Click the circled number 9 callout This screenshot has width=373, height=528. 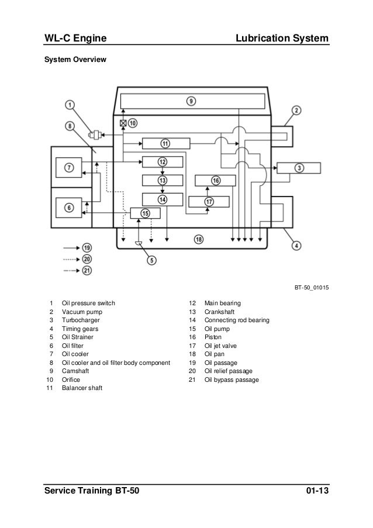pyautogui.click(x=191, y=101)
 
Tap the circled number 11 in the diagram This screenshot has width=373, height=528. pyautogui.click(x=165, y=143)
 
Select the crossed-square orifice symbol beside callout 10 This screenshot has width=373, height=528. pyautogui.click(x=123, y=123)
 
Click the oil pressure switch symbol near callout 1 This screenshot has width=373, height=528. pyautogui.click(x=94, y=135)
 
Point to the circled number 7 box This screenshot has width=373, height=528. pyautogui.click(x=70, y=168)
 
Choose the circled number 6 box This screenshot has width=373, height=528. pyautogui.click(x=70, y=206)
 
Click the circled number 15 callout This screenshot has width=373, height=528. pyautogui.click(x=146, y=213)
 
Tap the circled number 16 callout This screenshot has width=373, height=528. pyautogui.click(x=216, y=181)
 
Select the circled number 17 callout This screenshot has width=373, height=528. pyautogui.click(x=209, y=202)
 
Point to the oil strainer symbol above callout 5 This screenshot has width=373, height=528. pyautogui.click(x=139, y=243)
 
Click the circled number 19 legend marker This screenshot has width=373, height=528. pyautogui.click(x=87, y=247)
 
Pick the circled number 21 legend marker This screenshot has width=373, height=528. pyautogui.click(x=87, y=270)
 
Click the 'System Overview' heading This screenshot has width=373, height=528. pyautogui.click(x=73, y=59)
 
